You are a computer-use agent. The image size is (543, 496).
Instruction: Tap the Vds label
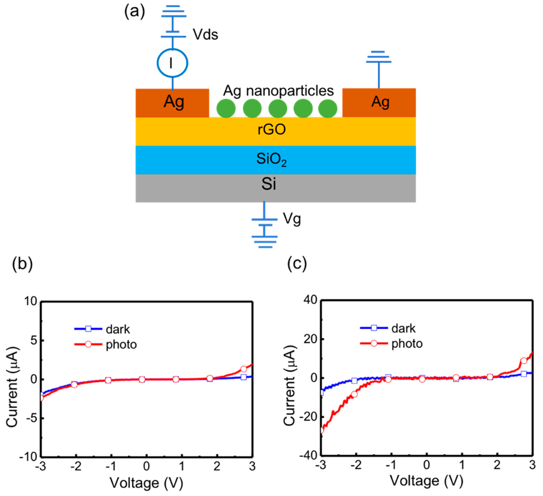point(205,35)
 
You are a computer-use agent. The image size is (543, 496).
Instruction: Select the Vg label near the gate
point(292,219)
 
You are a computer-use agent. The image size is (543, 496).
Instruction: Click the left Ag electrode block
point(172,103)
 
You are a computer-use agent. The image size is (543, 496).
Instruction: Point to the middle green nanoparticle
point(278,108)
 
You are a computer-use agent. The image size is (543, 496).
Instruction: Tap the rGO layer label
point(271,130)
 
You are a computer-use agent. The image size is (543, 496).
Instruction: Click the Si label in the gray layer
point(269,184)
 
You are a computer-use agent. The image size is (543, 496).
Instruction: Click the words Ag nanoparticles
point(278,91)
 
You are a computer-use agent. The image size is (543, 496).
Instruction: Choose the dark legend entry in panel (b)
point(118,329)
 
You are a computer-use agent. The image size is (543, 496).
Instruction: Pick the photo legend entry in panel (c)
point(407,344)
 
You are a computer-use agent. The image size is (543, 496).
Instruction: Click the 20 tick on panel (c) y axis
point(310,339)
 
